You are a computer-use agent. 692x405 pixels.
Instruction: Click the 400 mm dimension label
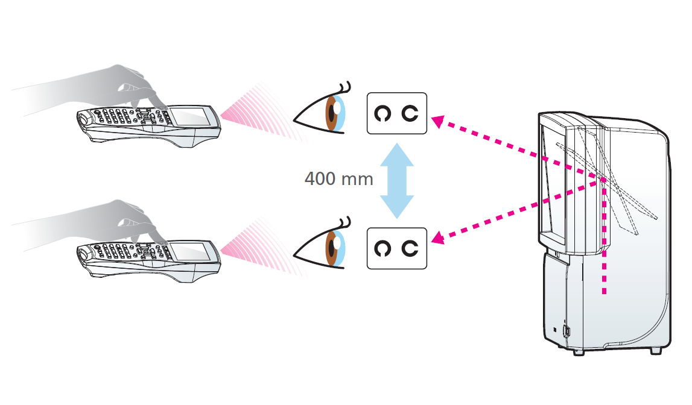click(x=338, y=179)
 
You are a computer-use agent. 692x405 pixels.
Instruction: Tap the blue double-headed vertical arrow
click(x=396, y=180)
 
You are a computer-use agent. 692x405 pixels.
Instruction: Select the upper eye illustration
click(x=323, y=113)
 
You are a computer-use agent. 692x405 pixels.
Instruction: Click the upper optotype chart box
click(x=396, y=113)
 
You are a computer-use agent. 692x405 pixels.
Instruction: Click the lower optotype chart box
click(x=396, y=248)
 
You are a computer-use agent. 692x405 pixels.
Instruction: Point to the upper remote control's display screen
click(x=192, y=116)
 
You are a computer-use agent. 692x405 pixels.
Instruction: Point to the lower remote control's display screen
click(x=192, y=251)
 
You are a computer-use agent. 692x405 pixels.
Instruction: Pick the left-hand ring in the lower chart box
click(x=382, y=248)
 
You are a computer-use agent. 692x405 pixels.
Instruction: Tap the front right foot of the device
click(x=654, y=350)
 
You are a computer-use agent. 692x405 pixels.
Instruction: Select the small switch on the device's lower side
click(x=567, y=331)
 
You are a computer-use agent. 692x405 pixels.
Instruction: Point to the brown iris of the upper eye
click(x=331, y=113)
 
